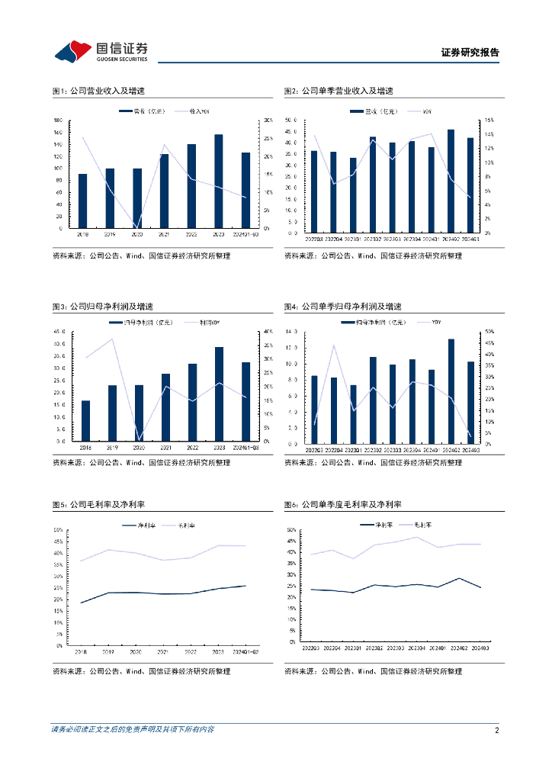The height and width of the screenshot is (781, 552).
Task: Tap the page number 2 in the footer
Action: [x=496, y=731]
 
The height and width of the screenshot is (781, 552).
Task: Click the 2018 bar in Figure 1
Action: [x=82, y=201]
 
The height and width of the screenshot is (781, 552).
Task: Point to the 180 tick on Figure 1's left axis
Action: [x=59, y=121]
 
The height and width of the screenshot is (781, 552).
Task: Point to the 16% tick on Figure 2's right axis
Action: [x=489, y=121]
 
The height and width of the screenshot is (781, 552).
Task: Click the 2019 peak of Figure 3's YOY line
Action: [x=112, y=339]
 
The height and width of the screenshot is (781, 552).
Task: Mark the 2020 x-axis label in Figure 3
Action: [x=138, y=448]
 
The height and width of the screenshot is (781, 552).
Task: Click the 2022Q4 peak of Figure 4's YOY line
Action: [x=333, y=346]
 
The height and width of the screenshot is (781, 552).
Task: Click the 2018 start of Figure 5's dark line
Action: [x=81, y=603]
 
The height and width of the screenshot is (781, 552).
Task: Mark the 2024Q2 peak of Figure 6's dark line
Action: [x=458, y=578]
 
